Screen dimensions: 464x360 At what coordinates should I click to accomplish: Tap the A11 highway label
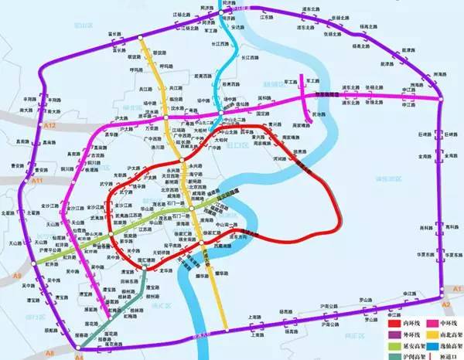coord(36,180)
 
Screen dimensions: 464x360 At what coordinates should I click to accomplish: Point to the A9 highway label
coord(17,274)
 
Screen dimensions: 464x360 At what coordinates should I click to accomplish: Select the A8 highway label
coord(50,352)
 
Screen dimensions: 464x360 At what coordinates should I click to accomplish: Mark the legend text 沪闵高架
coord(415,356)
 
